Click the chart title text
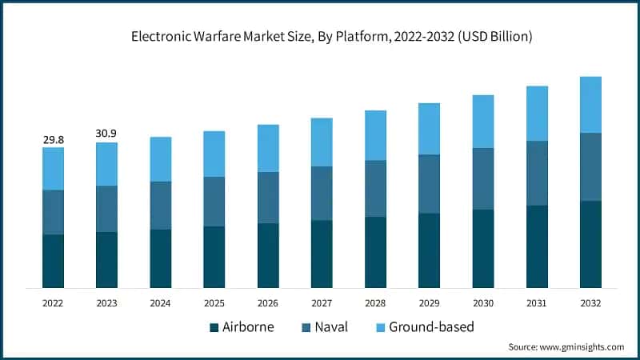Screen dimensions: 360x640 [320, 36]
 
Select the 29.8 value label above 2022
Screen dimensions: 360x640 [54, 140]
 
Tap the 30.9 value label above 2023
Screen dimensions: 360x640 [106, 134]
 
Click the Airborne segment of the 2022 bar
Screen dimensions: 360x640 [54, 261]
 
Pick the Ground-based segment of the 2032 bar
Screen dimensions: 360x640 [590, 105]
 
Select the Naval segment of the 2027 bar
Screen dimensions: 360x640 [322, 193]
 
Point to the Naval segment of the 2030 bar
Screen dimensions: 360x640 [483, 178]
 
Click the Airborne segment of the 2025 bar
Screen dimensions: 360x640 [214, 257]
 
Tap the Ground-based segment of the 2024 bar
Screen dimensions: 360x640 [161, 159]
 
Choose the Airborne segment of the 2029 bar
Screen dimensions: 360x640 [430, 250]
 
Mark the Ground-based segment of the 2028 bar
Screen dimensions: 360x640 [375, 135]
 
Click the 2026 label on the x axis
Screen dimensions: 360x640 [268, 303]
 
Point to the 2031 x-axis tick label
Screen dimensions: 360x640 [537, 303]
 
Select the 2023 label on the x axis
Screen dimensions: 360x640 [106, 303]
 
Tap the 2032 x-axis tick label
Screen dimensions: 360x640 [590, 303]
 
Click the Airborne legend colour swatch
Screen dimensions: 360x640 [214, 327]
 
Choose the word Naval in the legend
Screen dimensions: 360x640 [332, 327]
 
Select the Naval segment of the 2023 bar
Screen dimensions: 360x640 [106, 209]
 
